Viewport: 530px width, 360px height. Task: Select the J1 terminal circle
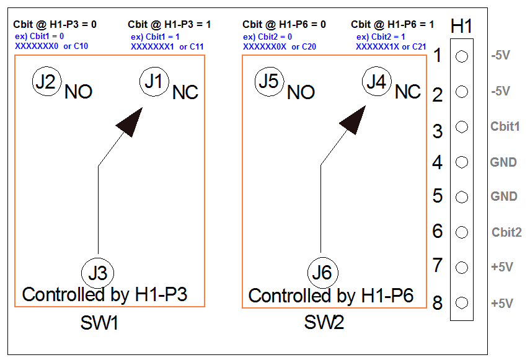pos(155,82)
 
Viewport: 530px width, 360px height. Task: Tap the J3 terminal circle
pos(98,273)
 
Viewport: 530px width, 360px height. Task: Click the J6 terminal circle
pos(322,273)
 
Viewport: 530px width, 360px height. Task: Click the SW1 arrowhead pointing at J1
pos(130,121)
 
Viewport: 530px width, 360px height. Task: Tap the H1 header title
pos(462,26)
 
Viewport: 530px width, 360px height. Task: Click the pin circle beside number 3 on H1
pos(461,127)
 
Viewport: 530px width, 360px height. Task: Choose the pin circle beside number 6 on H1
pos(461,232)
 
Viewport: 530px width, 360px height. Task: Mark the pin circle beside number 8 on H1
pos(461,303)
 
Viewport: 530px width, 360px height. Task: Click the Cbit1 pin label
pos(505,126)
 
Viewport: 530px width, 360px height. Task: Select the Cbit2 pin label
pos(506,232)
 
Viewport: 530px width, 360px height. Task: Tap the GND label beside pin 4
pos(503,162)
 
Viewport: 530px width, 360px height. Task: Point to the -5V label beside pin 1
pos(500,56)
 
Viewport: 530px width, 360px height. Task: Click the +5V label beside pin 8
pos(502,304)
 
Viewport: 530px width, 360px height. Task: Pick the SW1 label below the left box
pos(99,323)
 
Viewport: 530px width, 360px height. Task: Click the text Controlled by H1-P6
pos(330,296)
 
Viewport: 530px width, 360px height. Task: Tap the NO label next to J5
pos(301,93)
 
